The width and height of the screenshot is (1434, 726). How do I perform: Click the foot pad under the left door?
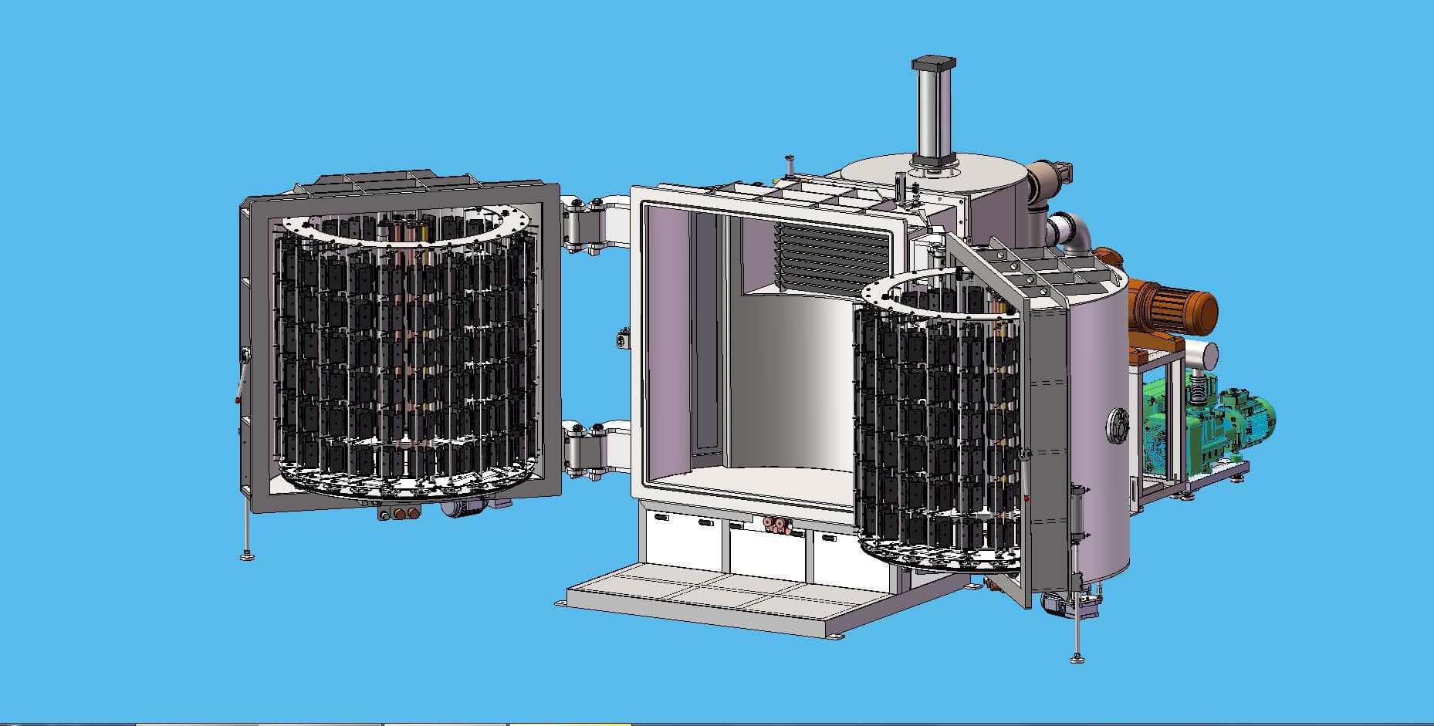247,554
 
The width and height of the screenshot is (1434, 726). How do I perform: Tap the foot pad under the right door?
1077,657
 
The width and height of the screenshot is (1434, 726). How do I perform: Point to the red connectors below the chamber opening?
776,526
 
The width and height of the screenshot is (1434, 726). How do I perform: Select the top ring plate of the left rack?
404,226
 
